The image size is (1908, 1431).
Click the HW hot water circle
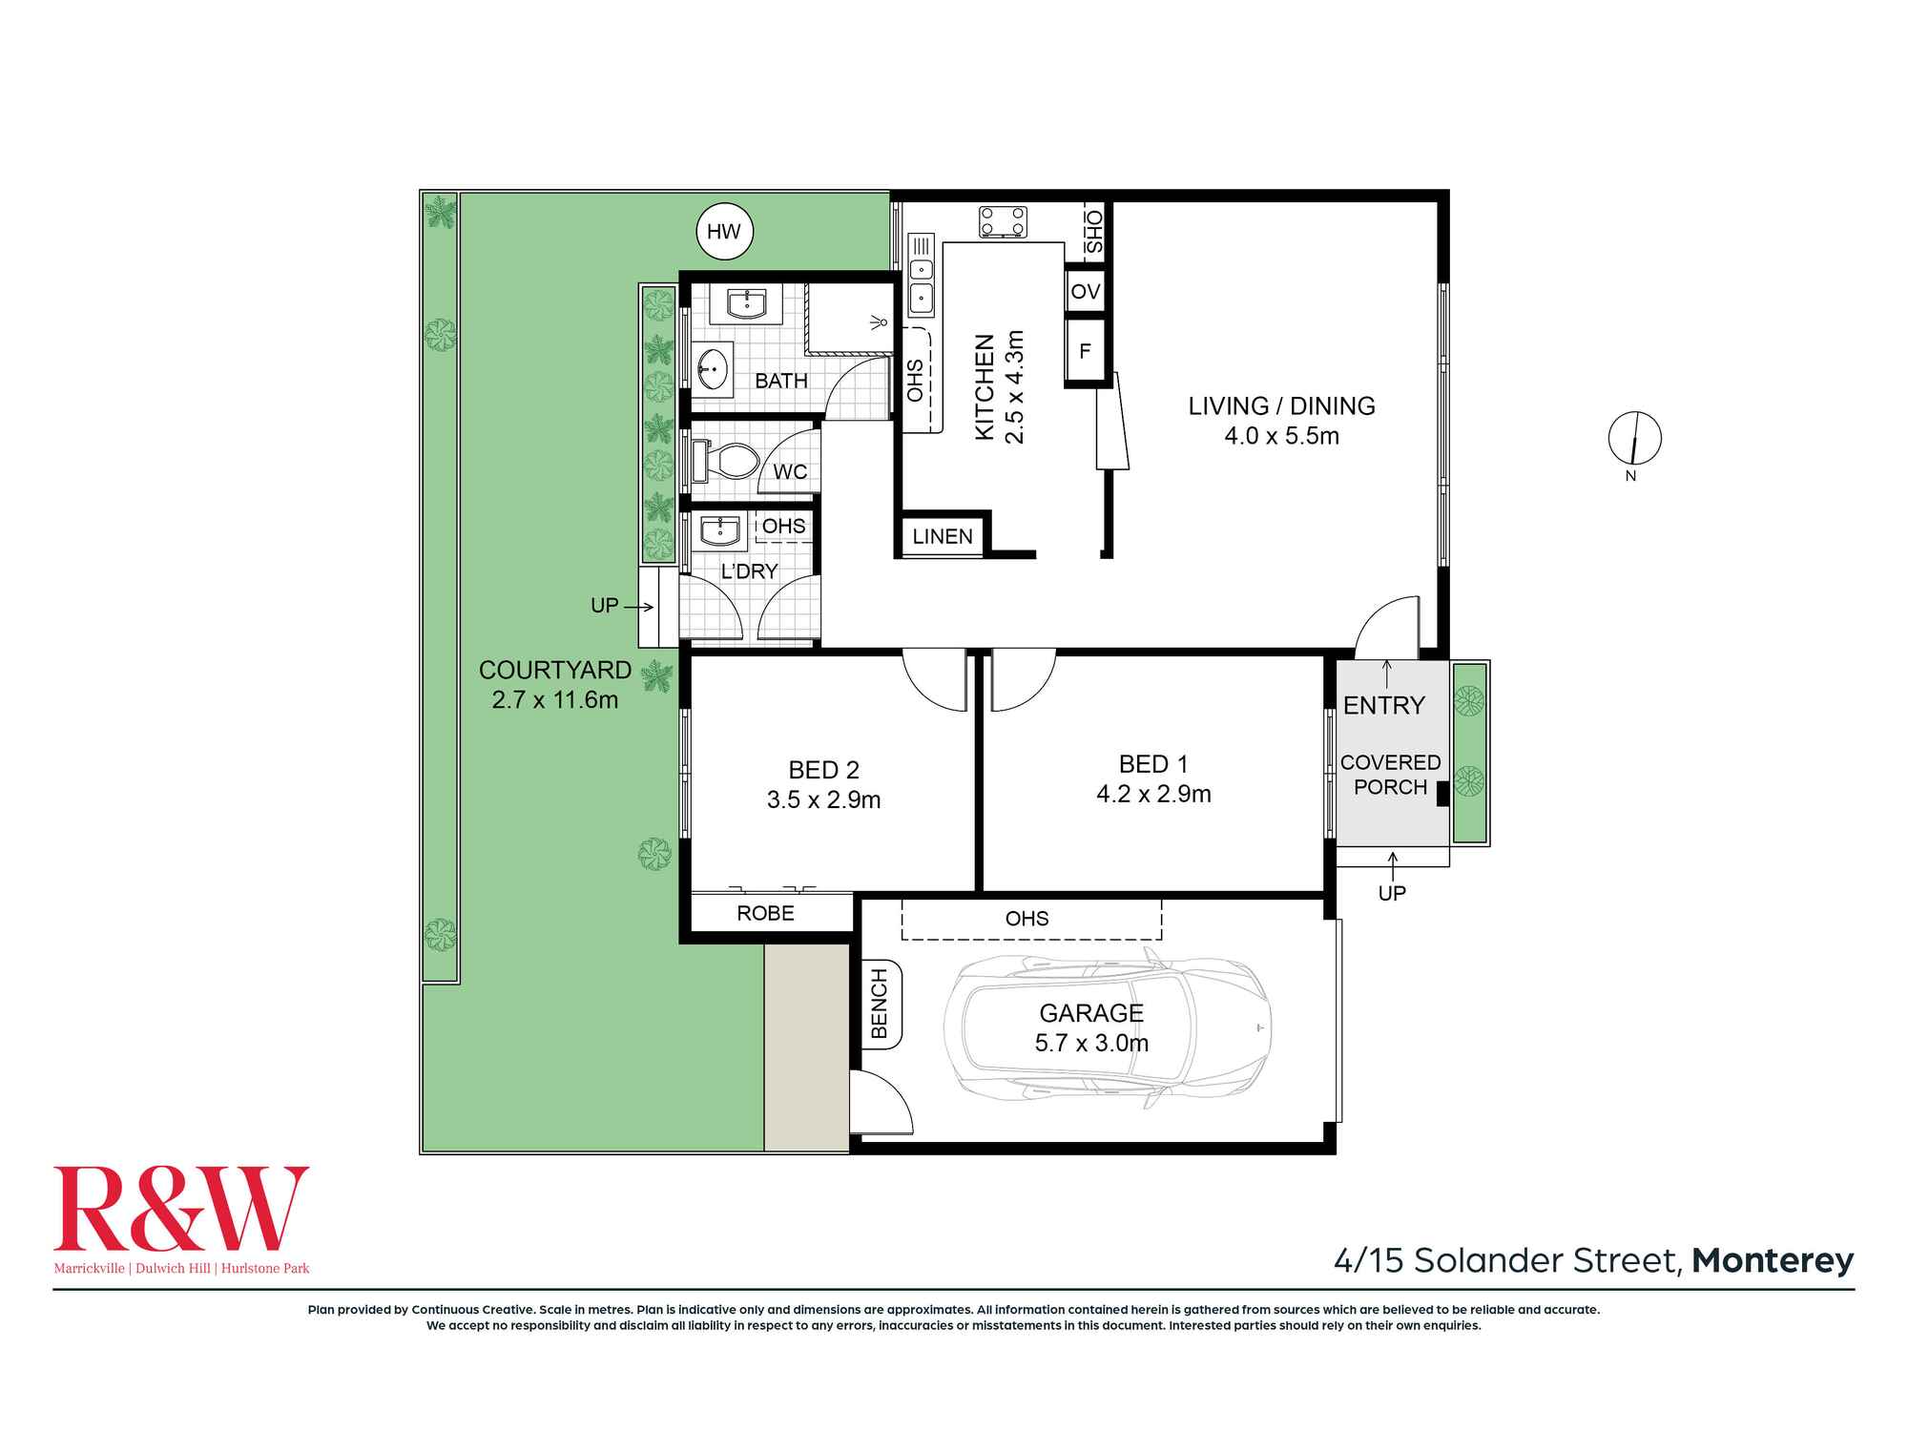point(724,231)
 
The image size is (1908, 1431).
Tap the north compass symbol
point(1634,439)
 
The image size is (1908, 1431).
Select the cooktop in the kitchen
point(1003,222)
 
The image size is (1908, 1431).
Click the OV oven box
point(1085,291)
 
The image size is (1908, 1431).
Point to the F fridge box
point(1085,351)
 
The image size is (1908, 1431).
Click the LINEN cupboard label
point(943,536)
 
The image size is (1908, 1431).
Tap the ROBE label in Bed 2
point(765,913)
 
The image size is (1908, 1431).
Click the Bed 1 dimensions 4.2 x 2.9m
point(1153,794)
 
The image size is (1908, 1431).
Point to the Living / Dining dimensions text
point(1281,436)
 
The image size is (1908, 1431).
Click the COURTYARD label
point(554,670)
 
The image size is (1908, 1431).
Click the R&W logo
point(181,1209)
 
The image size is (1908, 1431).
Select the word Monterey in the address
point(1773,1260)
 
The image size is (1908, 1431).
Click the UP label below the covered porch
point(1392,893)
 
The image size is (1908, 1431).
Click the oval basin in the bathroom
point(710,366)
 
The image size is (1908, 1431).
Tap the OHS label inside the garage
point(1027,919)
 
